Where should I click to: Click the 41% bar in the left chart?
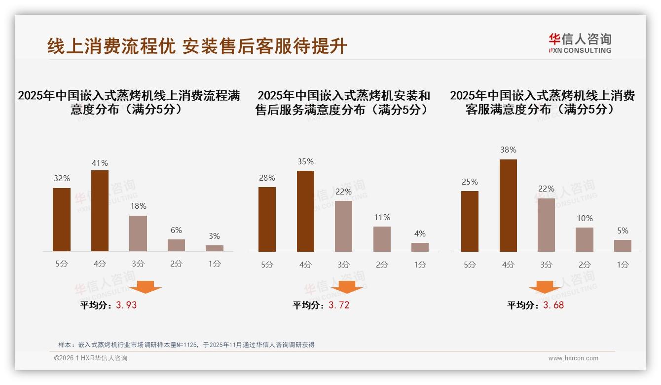pos(100,211)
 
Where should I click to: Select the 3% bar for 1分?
pos(215,248)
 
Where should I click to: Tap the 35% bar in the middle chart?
pos(305,211)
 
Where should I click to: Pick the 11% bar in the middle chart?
pos(382,239)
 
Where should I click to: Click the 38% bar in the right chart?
pos(508,205)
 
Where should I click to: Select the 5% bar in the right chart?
pos(623,246)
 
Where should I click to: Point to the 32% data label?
pos(62,179)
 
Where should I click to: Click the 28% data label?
pos(267,178)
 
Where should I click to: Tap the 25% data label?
pos(470,182)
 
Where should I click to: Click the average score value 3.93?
pos(126,305)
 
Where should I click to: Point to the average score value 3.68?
pos(553,305)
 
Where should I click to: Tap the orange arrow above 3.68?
pos(545,287)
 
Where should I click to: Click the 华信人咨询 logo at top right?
pos(580,43)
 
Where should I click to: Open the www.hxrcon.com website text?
pos(573,358)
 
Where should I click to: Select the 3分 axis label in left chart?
pos(138,264)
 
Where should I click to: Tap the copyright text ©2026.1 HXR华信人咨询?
pos(91,358)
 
